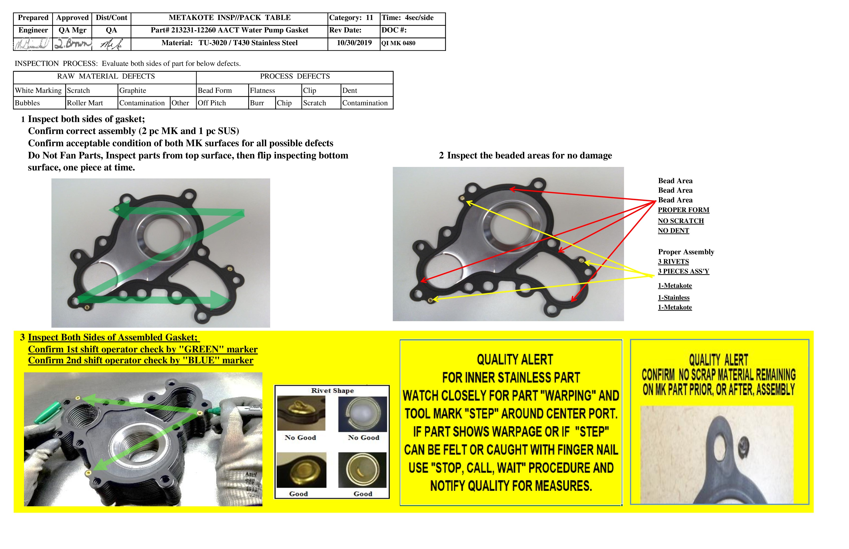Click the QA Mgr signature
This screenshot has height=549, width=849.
click(72, 44)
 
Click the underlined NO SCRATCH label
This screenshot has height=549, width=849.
click(681, 221)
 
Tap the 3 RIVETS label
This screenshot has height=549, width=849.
click(673, 262)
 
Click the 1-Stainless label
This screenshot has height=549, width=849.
click(673, 298)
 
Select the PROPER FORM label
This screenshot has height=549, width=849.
click(683, 210)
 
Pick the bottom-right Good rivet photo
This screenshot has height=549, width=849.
click(362, 470)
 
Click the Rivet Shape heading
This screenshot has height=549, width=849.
click(332, 391)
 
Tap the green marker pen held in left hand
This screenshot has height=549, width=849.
click(48, 412)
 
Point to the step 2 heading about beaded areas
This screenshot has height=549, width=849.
click(525, 156)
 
